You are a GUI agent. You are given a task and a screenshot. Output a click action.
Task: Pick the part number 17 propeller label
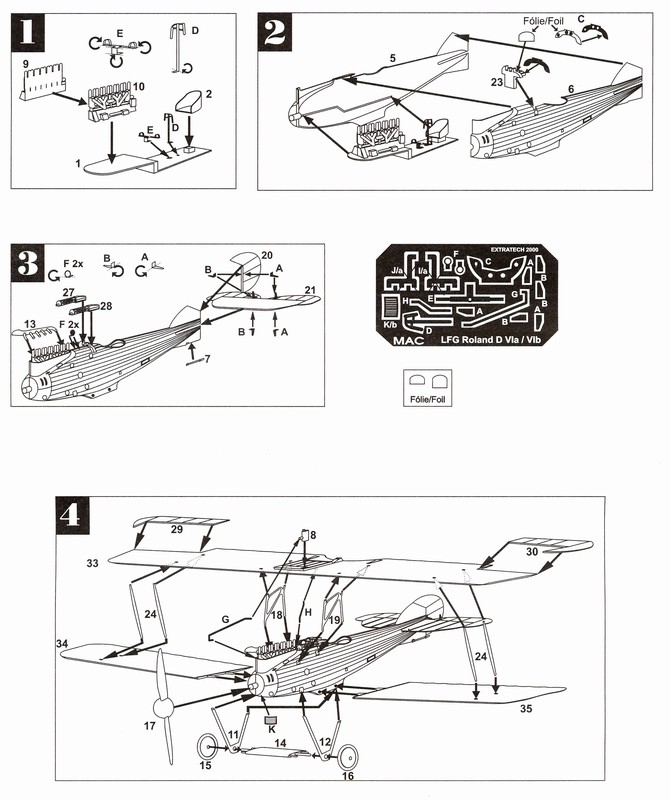tap(149, 726)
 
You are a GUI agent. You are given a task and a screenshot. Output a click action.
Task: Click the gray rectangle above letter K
tap(270, 718)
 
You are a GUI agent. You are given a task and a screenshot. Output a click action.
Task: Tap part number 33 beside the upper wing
tap(92, 565)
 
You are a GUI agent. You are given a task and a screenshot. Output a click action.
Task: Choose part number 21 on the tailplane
tap(310, 290)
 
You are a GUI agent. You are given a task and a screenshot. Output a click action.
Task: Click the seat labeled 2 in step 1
tap(186, 104)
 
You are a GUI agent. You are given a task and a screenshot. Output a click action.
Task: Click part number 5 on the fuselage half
tap(393, 60)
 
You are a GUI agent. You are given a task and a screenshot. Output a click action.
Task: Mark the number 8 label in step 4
tap(312, 536)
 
